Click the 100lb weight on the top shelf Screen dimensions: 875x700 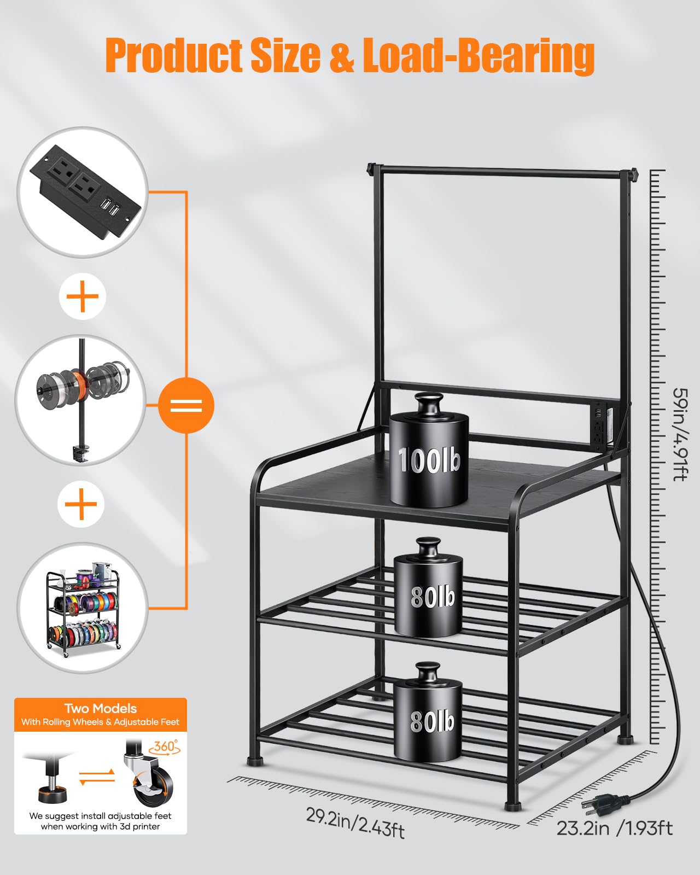click(x=429, y=459)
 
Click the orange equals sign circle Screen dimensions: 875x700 click(x=186, y=406)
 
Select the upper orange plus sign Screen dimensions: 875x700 click(x=83, y=296)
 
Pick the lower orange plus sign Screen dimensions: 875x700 click(x=81, y=504)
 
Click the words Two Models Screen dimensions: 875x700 click(x=100, y=709)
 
